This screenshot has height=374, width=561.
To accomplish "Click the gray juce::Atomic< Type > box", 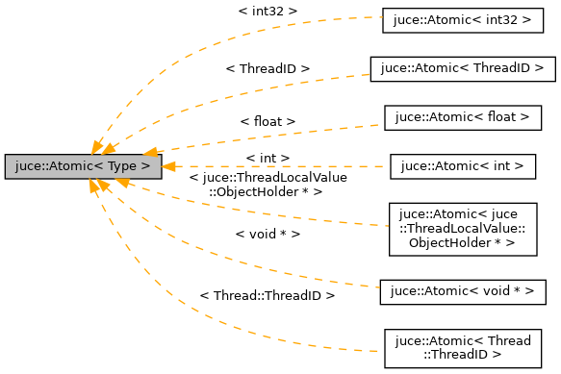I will click(x=83, y=166).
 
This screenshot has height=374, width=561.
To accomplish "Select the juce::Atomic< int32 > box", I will click(x=457, y=19).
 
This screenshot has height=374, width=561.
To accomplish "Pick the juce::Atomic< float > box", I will click(x=457, y=117).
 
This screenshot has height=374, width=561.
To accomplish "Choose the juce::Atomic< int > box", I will click(x=462, y=166).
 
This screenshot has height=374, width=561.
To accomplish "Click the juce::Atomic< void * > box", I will click(x=457, y=288).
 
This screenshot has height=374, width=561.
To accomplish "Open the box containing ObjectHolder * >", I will click(x=462, y=229).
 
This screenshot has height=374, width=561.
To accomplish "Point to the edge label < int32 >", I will click(x=267, y=11).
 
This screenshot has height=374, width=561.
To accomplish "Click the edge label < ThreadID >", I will click(x=268, y=69).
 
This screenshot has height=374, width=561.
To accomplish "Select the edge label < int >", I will click(x=268, y=157).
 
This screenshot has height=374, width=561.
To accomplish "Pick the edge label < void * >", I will click(x=268, y=234).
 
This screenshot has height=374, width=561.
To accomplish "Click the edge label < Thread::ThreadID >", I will click(x=267, y=296).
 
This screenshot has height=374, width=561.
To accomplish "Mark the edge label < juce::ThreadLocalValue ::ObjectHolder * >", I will click(x=268, y=184).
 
